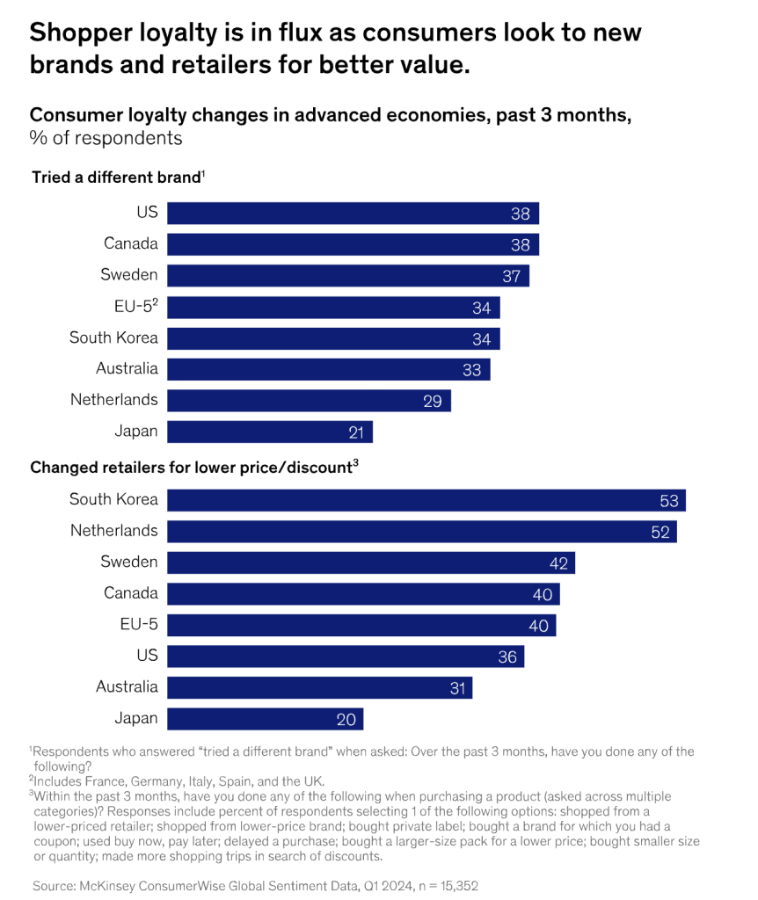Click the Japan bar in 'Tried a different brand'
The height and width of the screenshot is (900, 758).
click(269, 432)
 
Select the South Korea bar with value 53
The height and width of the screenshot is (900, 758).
click(426, 500)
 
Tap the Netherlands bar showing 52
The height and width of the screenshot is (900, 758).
click(421, 531)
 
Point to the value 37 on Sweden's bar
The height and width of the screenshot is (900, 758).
click(512, 276)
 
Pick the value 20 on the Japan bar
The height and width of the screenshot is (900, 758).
click(346, 719)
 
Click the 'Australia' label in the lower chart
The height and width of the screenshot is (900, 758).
click(127, 686)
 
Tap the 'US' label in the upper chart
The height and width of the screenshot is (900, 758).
click(147, 213)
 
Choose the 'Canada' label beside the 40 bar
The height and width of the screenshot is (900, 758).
click(130, 593)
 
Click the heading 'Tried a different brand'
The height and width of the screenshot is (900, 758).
click(116, 178)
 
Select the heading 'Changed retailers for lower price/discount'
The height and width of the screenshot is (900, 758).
click(191, 468)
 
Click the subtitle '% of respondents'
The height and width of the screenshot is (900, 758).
click(106, 139)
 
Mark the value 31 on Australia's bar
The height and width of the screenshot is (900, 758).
click(457, 688)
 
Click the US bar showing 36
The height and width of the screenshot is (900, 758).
click(345, 657)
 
